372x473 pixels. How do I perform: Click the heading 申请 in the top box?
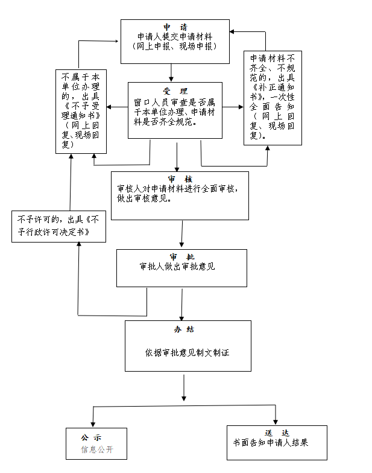pos(175,27)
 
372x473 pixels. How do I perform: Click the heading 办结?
pos(188,329)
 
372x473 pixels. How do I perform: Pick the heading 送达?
pos(277,433)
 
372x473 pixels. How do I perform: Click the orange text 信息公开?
pos(97,450)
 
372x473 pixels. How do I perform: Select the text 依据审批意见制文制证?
pos(188,352)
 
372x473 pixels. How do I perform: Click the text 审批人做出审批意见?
pos(177,266)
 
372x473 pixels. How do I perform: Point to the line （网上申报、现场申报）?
pos(175,46)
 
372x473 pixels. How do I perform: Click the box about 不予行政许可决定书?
pos(58,227)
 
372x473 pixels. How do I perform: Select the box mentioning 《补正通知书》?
pos(273,98)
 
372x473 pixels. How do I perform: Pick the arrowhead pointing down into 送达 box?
pos(276,421)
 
